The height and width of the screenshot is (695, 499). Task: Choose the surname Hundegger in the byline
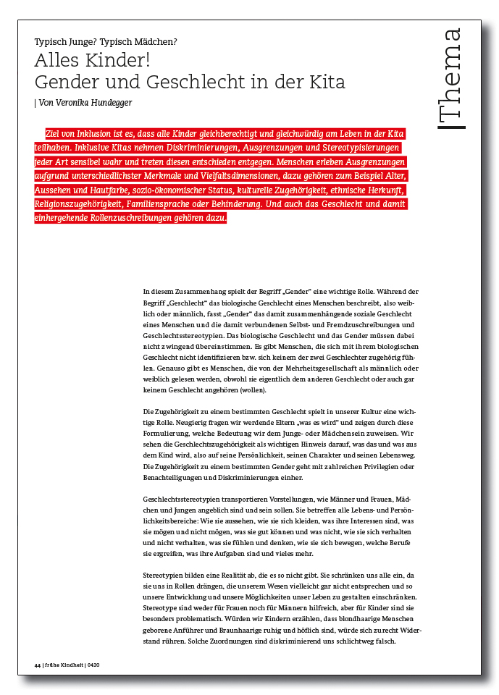click(112, 102)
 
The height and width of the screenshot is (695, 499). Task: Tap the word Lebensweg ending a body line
click(399, 457)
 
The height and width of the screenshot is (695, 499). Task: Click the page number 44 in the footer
click(38, 665)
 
